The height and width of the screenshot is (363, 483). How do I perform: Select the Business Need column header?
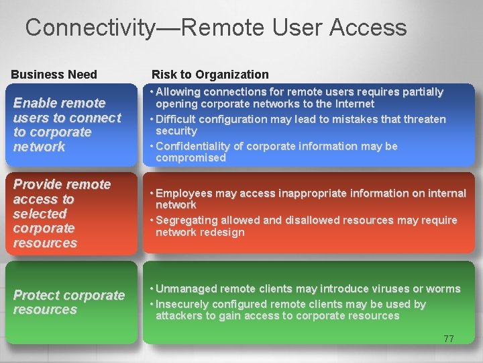pos(54,75)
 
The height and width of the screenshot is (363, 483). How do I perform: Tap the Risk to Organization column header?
pos(210,75)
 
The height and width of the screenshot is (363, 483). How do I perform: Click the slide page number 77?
pos(448,339)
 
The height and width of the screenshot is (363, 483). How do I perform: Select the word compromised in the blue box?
pos(191,158)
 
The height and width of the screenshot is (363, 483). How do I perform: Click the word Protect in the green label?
pos(35,295)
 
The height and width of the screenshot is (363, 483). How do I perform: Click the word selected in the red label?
pos(40,214)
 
